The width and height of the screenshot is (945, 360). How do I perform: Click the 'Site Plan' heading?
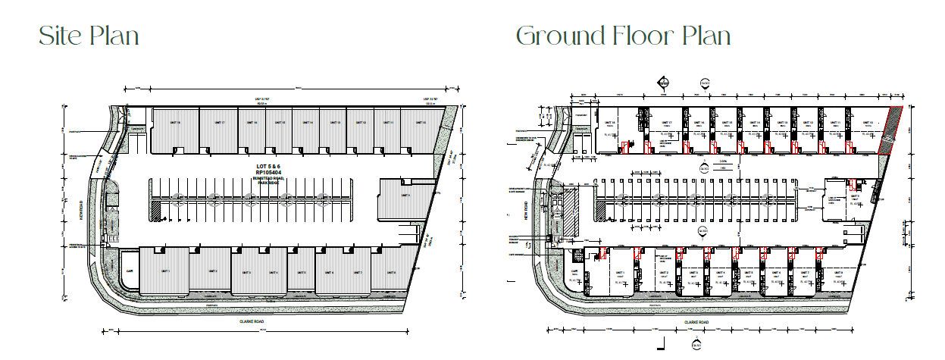(89, 36)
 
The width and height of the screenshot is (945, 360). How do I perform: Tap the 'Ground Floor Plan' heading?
(623, 36)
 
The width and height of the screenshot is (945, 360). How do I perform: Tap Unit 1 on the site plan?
(164, 271)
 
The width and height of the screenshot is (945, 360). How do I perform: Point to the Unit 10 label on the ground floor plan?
(854, 122)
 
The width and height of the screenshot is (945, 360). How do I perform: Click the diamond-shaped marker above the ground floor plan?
(663, 83)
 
